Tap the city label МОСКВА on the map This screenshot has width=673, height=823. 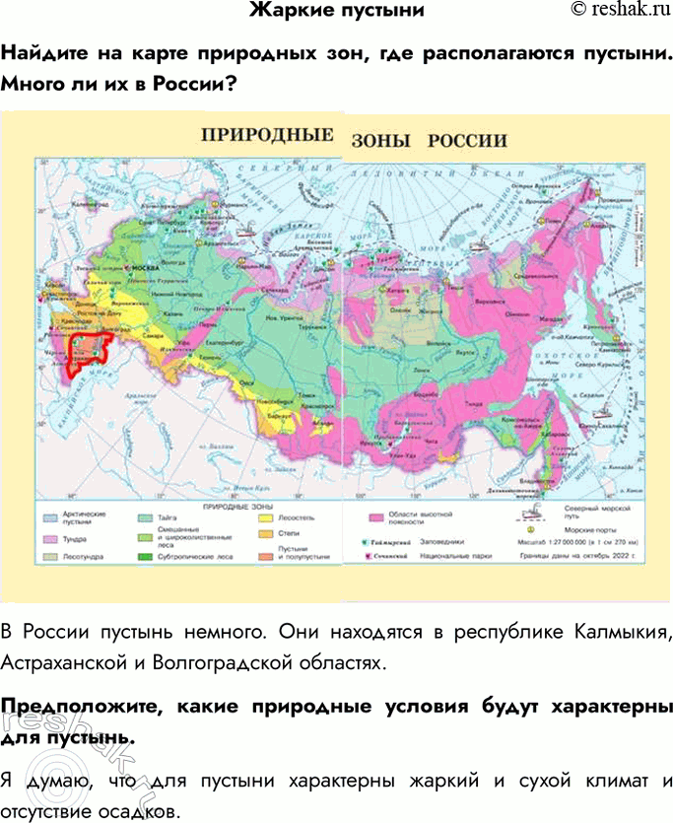145,267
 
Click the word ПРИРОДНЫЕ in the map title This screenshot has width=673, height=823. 267,136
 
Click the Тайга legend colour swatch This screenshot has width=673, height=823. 144,515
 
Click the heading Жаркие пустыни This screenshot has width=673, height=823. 336,11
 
